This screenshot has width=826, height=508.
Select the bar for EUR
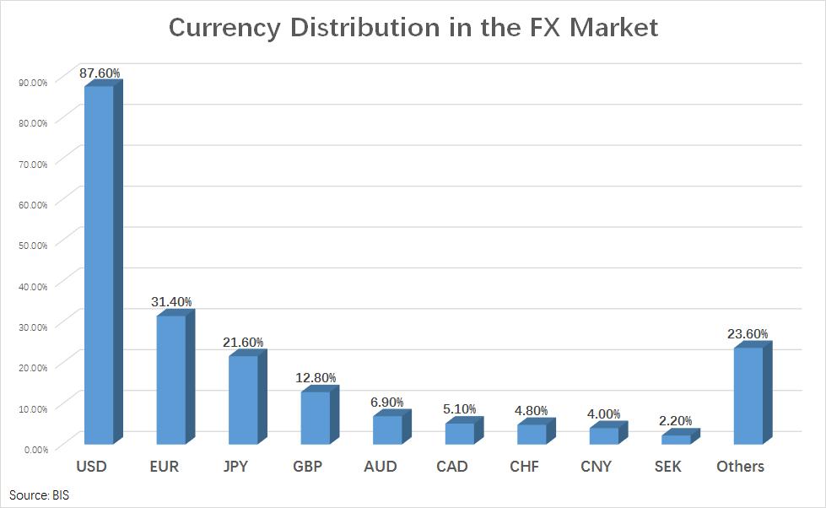pyautogui.click(x=171, y=379)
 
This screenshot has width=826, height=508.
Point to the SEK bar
pyautogui.click(x=676, y=439)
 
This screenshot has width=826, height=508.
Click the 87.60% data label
pyautogui.click(x=100, y=73)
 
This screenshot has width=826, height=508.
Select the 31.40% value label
pyautogui.click(x=172, y=301)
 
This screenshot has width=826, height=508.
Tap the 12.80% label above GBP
pyautogui.click(x=316, y=377)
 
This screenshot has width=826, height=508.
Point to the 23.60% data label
pyautogui.click(x=748, y=334)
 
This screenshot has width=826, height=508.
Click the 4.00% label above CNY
pyautogui.click(x=603, y=414)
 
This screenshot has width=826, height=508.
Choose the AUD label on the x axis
pyautogui.click(x=380, y=467)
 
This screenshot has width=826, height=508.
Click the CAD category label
pyautogui.click(x=452, y=467)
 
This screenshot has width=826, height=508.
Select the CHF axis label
pyautogui.click(x=526, y=467)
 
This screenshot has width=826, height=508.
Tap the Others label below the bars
pyautogui.click(x=740, y=467)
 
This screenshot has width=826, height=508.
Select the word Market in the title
pyautogui.click(x=613, y=27)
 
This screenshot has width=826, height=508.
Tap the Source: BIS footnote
pyautogui.click(x=40, y=494)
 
